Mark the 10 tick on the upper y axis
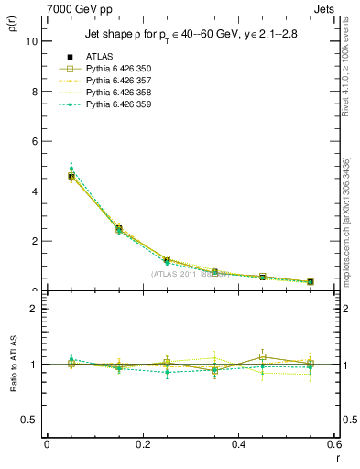(x=31, y=42)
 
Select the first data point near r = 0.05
(x=71, y=175)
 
